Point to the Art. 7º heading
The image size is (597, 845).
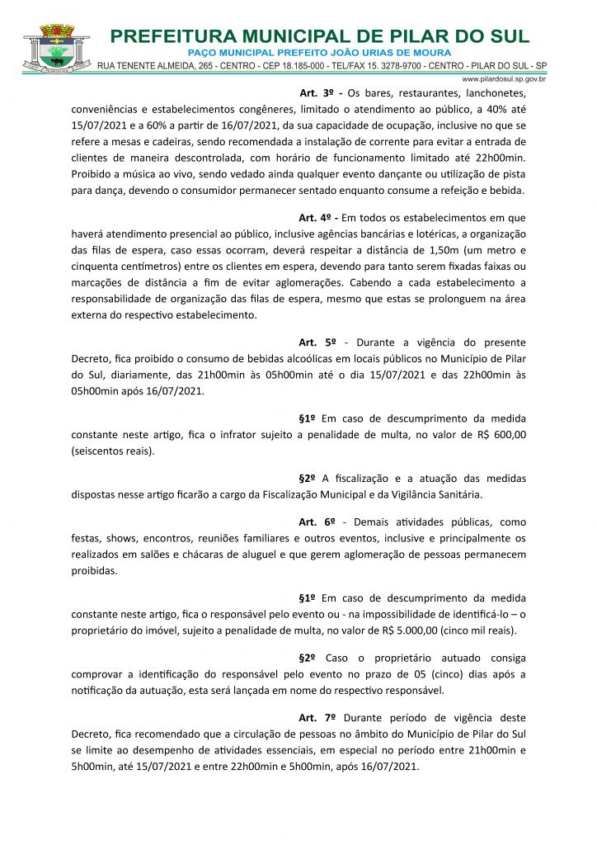point(315,718)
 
